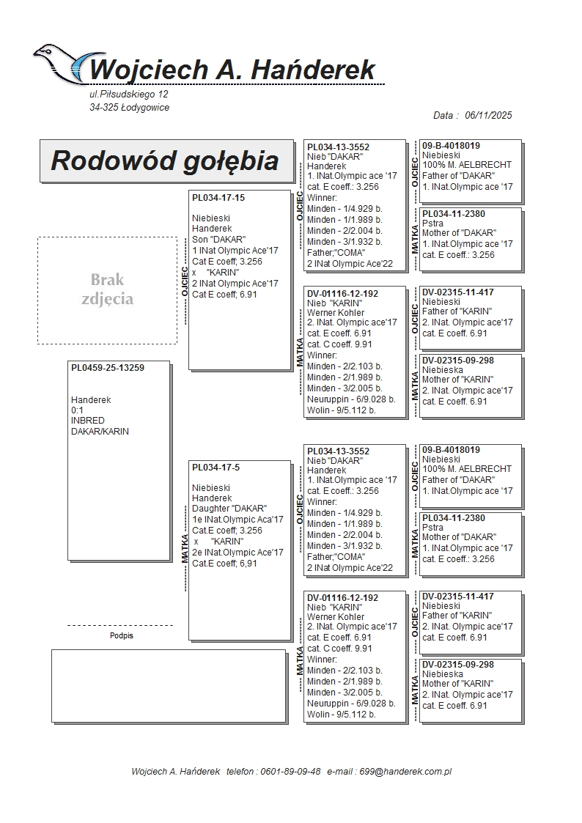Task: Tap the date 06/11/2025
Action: (x=488, y=116)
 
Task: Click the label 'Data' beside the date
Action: (x=445, y=116)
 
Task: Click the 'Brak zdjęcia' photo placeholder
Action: (x=108, y=289)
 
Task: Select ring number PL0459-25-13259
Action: (x=108, y=368)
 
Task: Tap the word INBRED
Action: (x=88, y=421)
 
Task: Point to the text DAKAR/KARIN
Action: (x=100, y=432)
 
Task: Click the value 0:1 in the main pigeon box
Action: (x=77, y=410)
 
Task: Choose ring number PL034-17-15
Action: (x=218, y=198)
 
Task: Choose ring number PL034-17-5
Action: (x=216, y=468)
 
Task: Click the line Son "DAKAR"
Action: (x=219, y=240)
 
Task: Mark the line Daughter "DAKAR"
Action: (x=229, y=509)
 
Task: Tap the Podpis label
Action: (x=121, y=636)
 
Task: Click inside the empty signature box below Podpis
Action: (x=169, y=685)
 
